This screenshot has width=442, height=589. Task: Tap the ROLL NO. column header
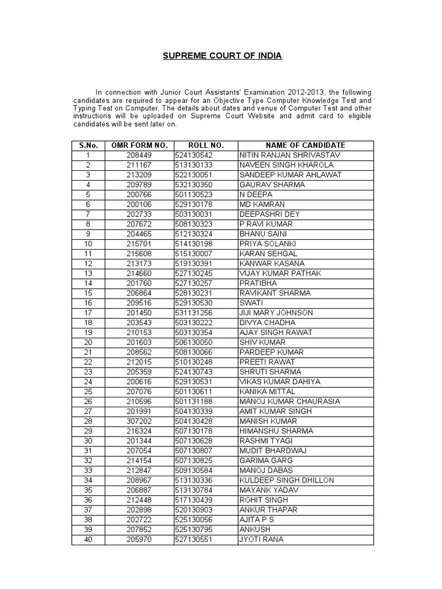coord(205,146)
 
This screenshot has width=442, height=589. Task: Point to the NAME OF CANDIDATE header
coord(306,146)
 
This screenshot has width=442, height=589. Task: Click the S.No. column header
coord(88,146)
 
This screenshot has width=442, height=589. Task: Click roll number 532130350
coord(193,185)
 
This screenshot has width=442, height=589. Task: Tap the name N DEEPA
coord(256,194)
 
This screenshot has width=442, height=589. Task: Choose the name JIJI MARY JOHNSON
coord(276,313)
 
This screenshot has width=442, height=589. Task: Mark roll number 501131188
coord(193,401)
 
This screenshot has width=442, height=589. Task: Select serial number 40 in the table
coord(88,540)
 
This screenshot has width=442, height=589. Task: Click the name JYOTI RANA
coord(261,540)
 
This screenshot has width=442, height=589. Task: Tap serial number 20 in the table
coord(88,342)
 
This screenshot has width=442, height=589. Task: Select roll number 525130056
coord(193,519)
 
